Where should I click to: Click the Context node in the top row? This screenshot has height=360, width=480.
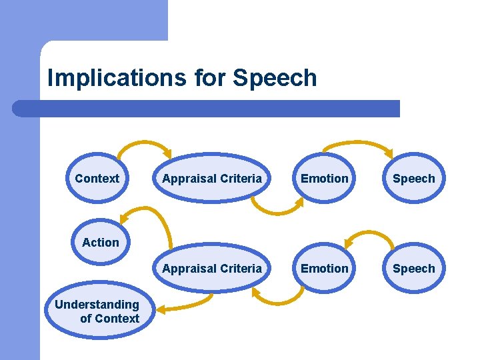pos(97,179)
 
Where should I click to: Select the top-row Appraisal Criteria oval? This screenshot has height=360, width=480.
pos(212,179)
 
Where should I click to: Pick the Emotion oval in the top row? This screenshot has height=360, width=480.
pos(324,179)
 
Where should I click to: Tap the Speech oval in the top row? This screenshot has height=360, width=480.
pos(413,179)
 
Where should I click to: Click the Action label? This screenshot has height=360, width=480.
pos(101,243)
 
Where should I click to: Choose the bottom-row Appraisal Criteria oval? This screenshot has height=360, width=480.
pos(212,269)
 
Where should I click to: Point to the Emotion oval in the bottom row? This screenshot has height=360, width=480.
pos(324,269)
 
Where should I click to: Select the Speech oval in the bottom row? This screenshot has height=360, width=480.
pos(413,269)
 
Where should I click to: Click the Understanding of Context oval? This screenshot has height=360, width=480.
pos(98,311)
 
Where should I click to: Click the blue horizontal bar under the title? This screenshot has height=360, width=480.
pos(207,109)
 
